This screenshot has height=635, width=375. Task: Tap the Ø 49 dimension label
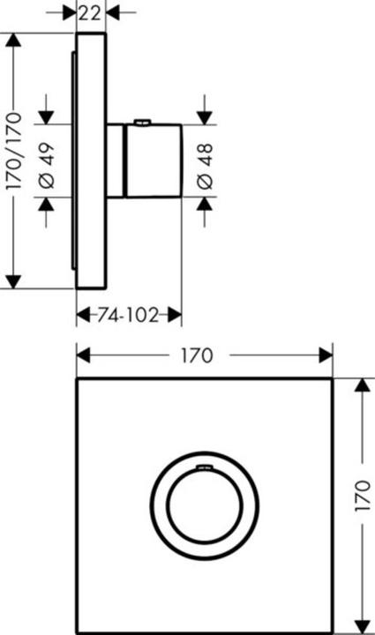pyautogui.click(x=47, y=161)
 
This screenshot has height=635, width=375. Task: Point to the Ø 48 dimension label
pyautogui.click(x=206, y=161)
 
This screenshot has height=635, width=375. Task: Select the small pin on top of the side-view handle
pyautogui.click(x=141, y=123)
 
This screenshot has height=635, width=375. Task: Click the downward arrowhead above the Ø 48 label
pyautogui.click(x=205, y=116)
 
